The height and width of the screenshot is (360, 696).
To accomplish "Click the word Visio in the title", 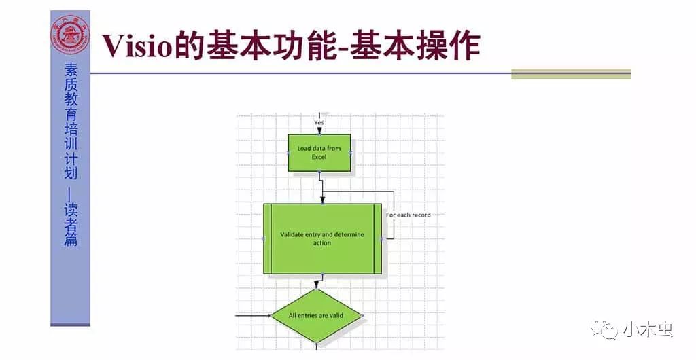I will (x=137, y=46).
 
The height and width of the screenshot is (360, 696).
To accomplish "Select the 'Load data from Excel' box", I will (x=319, y=153).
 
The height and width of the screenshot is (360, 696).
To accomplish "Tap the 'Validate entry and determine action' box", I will (x=322, y=238).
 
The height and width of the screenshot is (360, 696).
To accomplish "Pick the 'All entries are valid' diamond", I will (x=316, y=315).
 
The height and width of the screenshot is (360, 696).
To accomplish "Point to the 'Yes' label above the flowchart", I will (x=319, y=122).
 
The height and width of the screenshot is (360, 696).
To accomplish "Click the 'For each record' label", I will (x=408, y=215).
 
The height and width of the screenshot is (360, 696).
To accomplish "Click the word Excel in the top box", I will (x=319, y=157).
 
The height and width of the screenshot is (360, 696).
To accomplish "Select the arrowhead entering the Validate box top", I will (x=323, y=200).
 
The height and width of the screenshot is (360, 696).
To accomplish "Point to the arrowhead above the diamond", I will (x=316, y=285).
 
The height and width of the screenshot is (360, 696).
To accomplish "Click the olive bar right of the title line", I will (x=571, y=74).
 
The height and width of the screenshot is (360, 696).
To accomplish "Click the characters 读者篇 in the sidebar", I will (x=71, y=224).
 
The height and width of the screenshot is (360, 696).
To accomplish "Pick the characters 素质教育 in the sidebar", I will (x=71, y=91).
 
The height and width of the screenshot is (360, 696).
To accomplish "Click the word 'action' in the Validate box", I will (x=322, y=242).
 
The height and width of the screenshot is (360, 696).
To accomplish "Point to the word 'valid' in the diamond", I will (x=335, y=315).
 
